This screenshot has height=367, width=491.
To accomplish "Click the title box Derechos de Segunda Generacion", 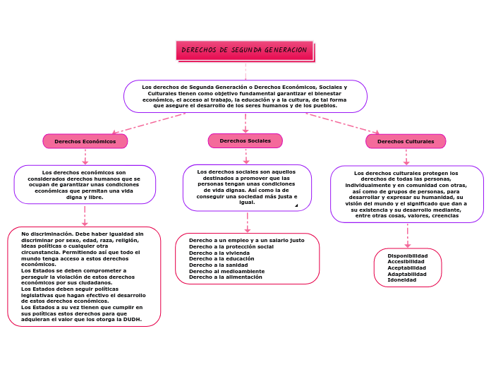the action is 245,50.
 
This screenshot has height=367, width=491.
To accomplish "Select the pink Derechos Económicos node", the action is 85,141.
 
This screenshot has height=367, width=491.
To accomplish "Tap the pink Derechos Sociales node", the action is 245,140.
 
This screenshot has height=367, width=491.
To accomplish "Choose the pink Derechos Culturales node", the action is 406,141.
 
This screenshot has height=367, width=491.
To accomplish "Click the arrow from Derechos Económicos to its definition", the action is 85,157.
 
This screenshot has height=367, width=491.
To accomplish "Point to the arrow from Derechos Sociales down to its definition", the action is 246,156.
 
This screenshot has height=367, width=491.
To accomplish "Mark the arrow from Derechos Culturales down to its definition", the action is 406,157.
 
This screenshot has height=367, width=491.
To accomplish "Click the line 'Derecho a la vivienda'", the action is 219,253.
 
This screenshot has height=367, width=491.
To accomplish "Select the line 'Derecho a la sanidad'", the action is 218,265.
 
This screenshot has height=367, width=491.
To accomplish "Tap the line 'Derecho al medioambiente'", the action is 226,272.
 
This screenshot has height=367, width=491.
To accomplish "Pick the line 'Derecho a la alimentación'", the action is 226,277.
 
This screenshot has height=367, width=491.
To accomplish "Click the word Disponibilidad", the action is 407,255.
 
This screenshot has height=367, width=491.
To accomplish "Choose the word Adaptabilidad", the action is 407,275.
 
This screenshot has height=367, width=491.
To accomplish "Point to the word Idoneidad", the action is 401,280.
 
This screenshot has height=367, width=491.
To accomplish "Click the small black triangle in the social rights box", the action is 296,205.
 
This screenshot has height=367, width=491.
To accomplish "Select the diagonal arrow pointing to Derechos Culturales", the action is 343,124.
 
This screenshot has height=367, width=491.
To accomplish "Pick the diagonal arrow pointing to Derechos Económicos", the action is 149,124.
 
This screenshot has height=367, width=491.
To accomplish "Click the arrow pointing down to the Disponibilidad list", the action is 407,236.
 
